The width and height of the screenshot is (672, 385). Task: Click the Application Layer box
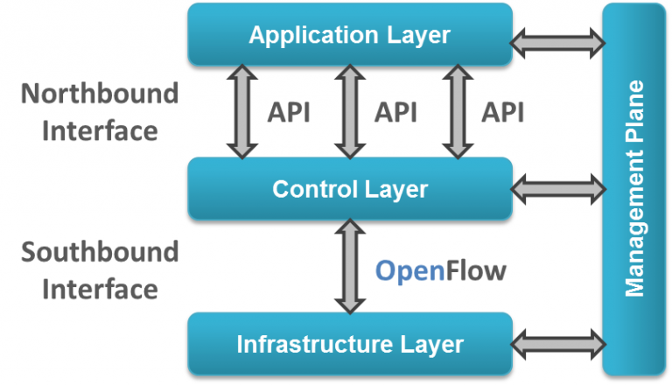coord(349,35)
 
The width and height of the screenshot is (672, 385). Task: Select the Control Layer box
coord(349,189)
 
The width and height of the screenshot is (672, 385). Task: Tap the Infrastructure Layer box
coord(349,344)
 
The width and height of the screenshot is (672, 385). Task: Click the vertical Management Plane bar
coord(635,189)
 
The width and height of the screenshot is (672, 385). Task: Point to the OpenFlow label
coord(440,271)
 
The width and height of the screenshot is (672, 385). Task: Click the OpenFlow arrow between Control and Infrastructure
coord(350,266)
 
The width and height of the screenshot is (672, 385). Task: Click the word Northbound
coord(100,94)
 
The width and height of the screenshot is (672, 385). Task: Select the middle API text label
coord(395,113)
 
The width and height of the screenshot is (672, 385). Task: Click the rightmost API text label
coord(503,113)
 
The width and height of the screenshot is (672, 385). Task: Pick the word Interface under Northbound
coord(100,130)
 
